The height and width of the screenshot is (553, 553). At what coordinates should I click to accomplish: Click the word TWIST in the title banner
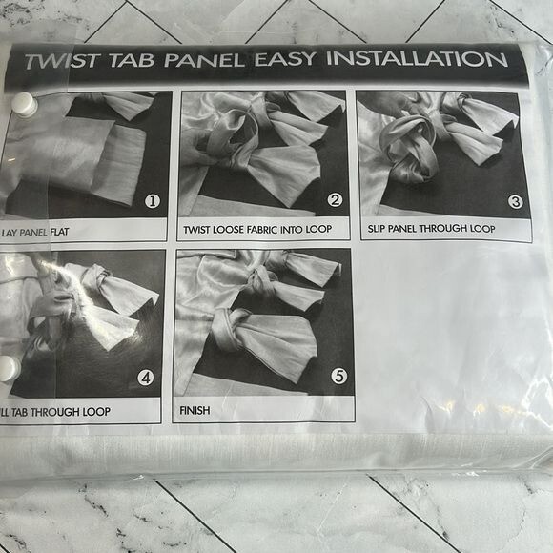point(61,61)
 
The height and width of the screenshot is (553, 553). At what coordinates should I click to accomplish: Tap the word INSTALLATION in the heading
point(417,58)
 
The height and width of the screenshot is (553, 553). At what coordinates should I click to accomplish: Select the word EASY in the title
point(285,59)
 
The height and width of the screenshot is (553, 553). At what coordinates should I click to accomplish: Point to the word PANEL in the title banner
point(204,60)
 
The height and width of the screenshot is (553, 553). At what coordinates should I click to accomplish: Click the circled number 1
point(153,201)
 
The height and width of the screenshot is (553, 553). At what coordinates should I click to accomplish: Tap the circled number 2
point(335,200)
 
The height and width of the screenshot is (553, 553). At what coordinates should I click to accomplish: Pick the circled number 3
point(515,202)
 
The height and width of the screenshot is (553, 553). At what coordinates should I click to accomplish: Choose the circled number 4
point(145,379)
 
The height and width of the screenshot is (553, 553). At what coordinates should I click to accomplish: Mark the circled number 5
point(338,376)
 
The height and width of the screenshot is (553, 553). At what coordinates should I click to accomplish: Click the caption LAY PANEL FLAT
point(35,233)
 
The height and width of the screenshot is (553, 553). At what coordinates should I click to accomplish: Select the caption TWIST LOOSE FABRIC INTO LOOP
point(257,230)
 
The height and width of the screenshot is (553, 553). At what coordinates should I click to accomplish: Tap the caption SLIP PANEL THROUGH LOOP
point(431,229)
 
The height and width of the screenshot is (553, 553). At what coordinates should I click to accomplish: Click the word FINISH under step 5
point(195,411)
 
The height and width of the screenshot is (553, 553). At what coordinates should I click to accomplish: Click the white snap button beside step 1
point(25,104)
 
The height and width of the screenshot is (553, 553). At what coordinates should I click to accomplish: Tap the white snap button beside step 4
point(10,368)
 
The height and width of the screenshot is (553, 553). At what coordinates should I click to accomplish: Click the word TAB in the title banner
point(132,61)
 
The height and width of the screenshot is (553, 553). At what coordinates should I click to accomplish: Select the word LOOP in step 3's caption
point(481,229)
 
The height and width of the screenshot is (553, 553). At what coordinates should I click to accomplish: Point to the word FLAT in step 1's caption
point(59,232)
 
